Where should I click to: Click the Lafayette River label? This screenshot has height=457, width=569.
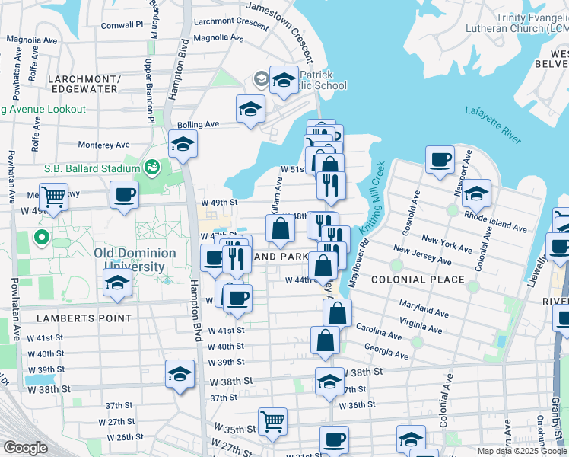(x=494, y=125)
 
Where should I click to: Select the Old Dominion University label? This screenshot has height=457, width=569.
(x=135, y=259)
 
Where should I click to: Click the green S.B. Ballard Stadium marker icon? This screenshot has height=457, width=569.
(x=151, y=167)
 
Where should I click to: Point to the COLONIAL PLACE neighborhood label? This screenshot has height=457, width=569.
(x=418, y=280)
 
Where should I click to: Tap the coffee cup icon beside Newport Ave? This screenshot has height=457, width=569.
(x=440, y=160)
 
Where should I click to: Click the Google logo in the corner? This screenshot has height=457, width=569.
(x=25, y=448)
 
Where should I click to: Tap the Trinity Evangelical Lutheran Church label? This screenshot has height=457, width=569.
(x=531, y=22)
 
